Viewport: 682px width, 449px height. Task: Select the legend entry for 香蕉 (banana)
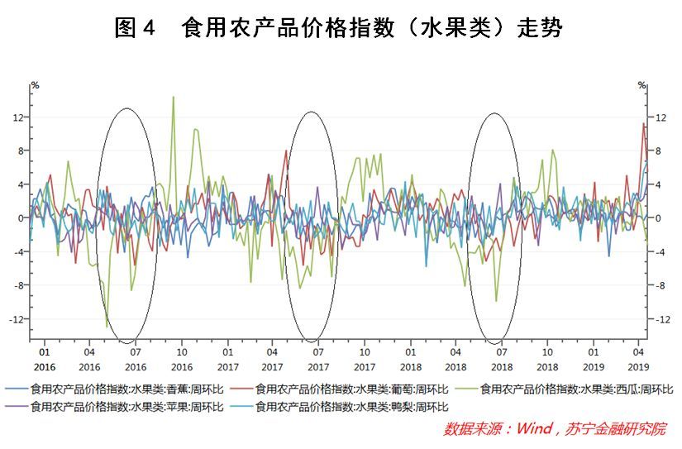(114, 389)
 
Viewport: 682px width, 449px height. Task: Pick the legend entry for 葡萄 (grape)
(339, 389)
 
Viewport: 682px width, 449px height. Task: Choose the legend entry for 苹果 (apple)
(114, 407)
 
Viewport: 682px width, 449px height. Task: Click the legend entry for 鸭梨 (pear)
(339, 407)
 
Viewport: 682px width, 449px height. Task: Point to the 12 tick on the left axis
(18, 117)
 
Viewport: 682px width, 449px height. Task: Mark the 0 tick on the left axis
(21, 218)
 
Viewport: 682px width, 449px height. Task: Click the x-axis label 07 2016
(136, 360)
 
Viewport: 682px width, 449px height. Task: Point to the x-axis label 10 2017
(365, 360)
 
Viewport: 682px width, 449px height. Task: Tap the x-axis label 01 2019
(594, 360)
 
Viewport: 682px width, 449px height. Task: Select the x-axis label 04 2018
(455, 360)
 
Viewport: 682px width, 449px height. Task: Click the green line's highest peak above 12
(174, 97)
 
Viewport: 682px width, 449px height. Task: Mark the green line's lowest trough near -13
(107, 327)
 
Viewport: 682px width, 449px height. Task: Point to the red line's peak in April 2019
(644, 123)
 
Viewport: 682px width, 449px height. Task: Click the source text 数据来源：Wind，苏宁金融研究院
(555, 429)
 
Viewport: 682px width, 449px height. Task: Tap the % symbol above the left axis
(36, 85)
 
